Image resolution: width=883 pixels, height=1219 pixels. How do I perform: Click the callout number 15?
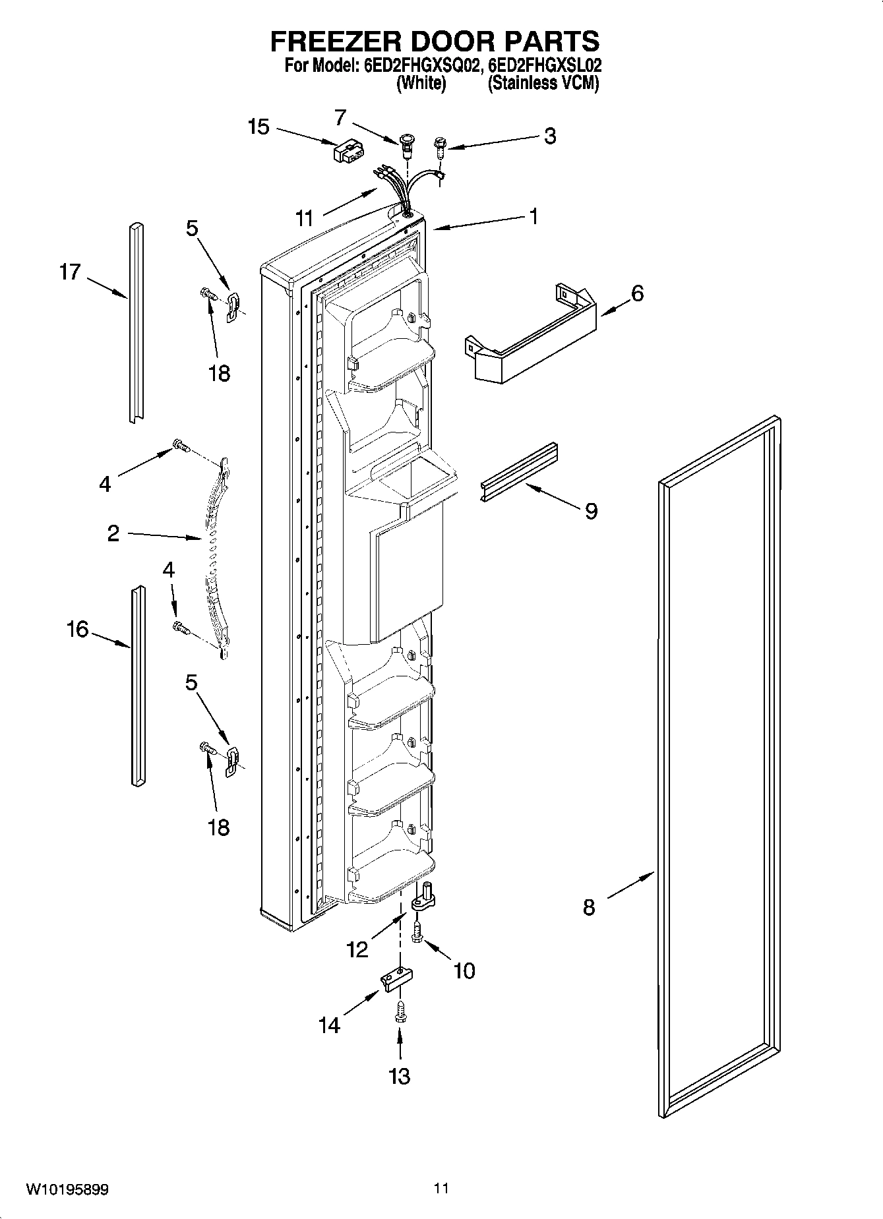click(259, 127)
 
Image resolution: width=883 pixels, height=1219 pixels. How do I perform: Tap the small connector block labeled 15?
click(347, 153)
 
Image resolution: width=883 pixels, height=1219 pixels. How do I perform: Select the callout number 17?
click(70, 272)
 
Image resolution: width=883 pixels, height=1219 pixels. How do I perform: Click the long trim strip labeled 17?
click(137, 323)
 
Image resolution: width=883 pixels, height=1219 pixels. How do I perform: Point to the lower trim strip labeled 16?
click(137, 686)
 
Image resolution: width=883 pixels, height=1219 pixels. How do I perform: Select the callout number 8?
click(589, 907)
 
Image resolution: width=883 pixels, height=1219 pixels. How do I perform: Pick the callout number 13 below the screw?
click(400, 1075)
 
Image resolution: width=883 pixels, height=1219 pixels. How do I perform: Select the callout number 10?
click(464, 970)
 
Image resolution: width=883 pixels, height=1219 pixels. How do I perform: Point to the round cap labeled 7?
click(408, 142)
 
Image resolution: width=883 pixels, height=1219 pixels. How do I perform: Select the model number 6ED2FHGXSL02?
click(545, 66)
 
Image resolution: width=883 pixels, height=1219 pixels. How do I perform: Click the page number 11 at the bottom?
click(441, 1189)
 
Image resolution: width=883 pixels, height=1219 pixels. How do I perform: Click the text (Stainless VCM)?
click(543, 84)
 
